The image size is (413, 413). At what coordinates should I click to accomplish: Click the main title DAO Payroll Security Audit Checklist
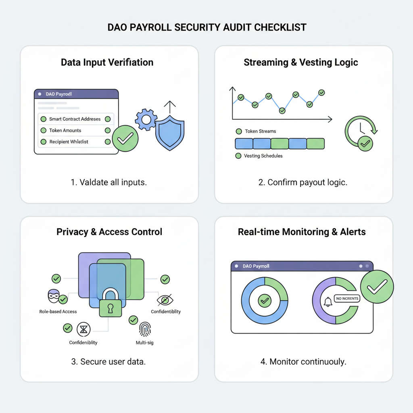click(206, 27)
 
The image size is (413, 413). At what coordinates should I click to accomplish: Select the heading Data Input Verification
click(107, 63)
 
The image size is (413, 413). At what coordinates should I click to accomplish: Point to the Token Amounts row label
click(65, 131)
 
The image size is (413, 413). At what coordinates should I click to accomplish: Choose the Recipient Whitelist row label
click(69, 142)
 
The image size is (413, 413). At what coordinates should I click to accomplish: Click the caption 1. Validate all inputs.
click(109, 182)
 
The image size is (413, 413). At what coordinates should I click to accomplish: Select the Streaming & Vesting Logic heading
click(301, 63)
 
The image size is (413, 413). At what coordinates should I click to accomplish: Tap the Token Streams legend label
click(260, 131)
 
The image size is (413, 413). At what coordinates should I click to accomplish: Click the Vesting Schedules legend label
click(263, 156)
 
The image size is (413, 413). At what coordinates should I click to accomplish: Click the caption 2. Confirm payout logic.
click(302, 182)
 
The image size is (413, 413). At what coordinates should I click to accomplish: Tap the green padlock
click(110, 303)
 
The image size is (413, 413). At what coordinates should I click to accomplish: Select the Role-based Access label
click(58, 312)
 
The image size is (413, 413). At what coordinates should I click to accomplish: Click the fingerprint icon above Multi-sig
click(145, 330)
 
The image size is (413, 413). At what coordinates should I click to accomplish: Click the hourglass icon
click(83, 330)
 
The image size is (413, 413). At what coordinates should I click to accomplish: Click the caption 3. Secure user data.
click(108, 361)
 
